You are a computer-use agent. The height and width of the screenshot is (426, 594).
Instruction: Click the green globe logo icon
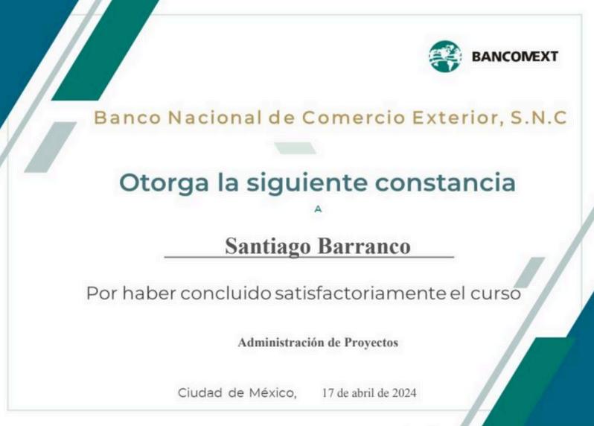pyautogui.click(x=445, y=57)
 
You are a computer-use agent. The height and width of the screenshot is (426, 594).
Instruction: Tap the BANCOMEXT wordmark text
pyautogui.click(x=515, y=57)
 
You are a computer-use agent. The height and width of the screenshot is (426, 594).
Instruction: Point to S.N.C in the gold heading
pyautogui.click(x=539, y=118)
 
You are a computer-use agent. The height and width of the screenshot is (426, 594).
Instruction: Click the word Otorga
pyautogui.click(x=164, y=183)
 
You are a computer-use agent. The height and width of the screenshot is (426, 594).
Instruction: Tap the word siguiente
pyautogui.click(x=307, y=183)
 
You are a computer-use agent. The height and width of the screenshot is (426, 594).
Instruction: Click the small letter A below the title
pyautogui.click(x=318, y=209)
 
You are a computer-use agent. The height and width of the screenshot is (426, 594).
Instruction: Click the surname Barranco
pyautogui.click(x=364, y=246)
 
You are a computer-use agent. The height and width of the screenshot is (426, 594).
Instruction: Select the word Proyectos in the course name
pyautogui.click(x=371, y=343)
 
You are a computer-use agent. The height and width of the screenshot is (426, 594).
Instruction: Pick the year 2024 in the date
pyautogui.click(x=404, y=393)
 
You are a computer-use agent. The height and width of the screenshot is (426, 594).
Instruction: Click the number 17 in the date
pyautogui.click(x=328, y=393)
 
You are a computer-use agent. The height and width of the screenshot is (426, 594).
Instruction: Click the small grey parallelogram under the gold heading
pyautogui.click(x=295, y=148)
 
